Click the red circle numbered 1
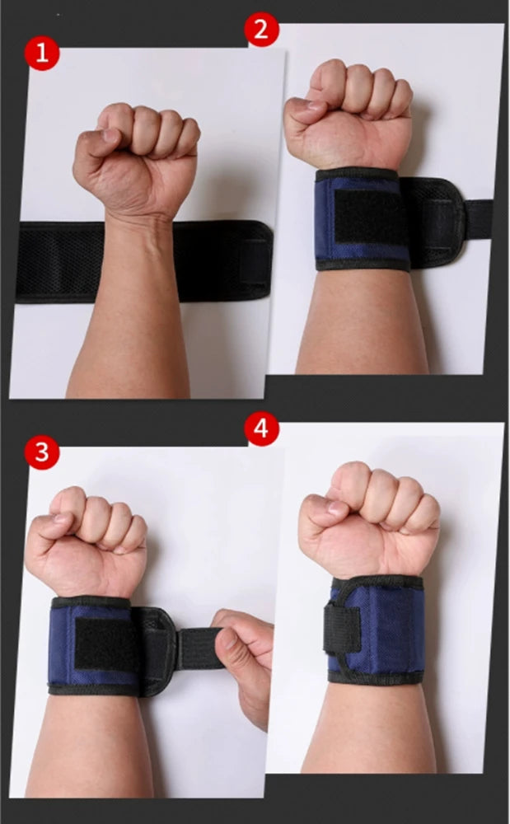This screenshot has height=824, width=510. [41, 53]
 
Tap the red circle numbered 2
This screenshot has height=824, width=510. [261, 30]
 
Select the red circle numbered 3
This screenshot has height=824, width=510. [41, 452]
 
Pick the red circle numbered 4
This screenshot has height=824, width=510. [261, 428]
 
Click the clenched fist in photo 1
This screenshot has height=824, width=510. [136, 157]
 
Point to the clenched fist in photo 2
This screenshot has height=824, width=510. [349, 114]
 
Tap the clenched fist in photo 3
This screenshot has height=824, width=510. [86, 544]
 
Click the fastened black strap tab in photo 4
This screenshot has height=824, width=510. [342, 629]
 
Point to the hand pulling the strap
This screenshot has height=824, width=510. [244, 665]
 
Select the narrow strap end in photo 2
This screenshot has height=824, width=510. [479, 218]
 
